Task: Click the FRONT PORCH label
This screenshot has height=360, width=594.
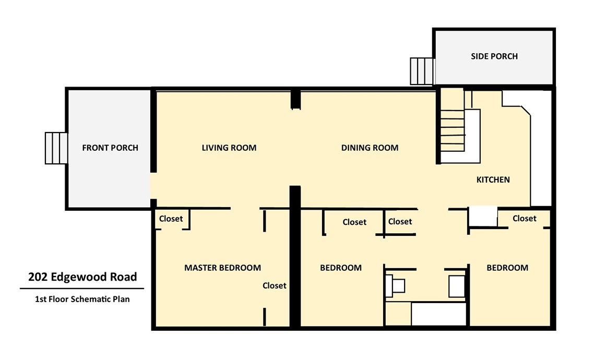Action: pyautogui.click(x=110, y=148)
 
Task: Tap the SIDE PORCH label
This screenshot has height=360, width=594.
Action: pyautogui.click(x=494, y=56)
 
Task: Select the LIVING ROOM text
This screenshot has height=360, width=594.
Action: pyautogui.click(x=229, y=148)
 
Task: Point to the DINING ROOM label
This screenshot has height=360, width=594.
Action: pyautogui.click(x=370, y=148)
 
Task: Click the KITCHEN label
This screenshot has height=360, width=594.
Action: pyautogui.click(x=493, y=179)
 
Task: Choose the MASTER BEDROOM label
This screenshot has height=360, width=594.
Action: pyautogui.click(x=222, y=268)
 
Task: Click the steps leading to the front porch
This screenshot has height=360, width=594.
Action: pyautogui.click(x=56, y=148)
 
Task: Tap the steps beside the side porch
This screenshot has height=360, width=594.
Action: pyautogui.click(x=422, y=71)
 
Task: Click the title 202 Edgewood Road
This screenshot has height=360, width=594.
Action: pyautogui.click(x=82, y=277)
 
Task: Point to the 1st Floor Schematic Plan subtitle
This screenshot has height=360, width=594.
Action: pyautogui.click(x=82, y=299)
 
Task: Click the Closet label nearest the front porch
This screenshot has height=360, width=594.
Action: pyautogui.click(x=171, y=219)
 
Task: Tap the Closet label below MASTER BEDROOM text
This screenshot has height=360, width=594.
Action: pyautogui.click(x=274, y=285)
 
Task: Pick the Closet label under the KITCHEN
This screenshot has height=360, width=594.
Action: pyautogui.click(x=524, y=219)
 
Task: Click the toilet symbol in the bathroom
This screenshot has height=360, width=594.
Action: pyautogui.click(x=395, y=285)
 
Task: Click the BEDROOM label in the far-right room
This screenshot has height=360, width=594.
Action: pyautogui.click(x=507, y=268)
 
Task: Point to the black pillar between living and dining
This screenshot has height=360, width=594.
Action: pyautogui.click(x=295, y=100)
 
